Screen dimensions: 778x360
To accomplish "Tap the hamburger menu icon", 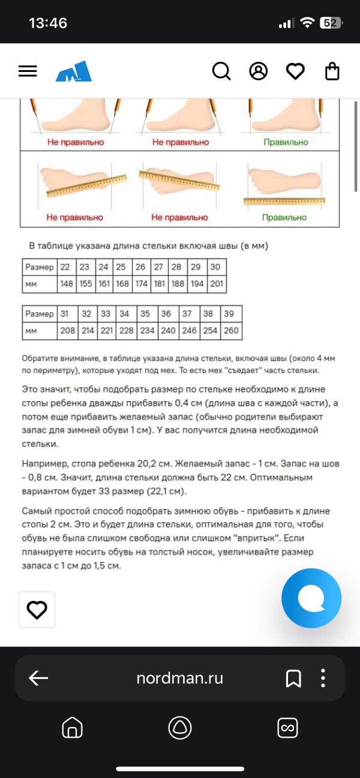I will coord(28,71).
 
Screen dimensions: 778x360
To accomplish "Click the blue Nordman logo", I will coord(74,71).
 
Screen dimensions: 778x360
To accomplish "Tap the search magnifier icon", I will coord(221,71).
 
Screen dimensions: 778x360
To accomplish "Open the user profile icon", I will coord(258,71).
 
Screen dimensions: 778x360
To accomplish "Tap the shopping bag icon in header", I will coord(332,71).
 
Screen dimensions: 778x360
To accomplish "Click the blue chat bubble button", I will coord(311,598).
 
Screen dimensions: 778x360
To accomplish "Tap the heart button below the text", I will coord(37,609).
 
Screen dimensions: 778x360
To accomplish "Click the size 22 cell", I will coord(65,267).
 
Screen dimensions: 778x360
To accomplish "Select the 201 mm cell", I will coord(216,284).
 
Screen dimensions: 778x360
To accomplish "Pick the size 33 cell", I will coord(106,314).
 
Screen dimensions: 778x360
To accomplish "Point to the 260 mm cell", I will coord(232,331).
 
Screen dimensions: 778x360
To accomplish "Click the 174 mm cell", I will coord(140,284).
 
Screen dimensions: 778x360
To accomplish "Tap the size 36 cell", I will coord(166,314).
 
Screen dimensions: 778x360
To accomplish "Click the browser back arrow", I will coord(38,678).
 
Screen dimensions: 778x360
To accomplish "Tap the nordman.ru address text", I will coord(179,678).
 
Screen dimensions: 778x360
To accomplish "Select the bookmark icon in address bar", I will coord(293,678).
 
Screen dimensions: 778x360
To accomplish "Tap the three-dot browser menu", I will coord(323,678).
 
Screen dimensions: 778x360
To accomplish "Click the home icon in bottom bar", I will coord(72,728).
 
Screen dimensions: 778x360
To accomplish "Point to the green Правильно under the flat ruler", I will coord(284,217).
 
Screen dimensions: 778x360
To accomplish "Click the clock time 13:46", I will coord(48,23).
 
